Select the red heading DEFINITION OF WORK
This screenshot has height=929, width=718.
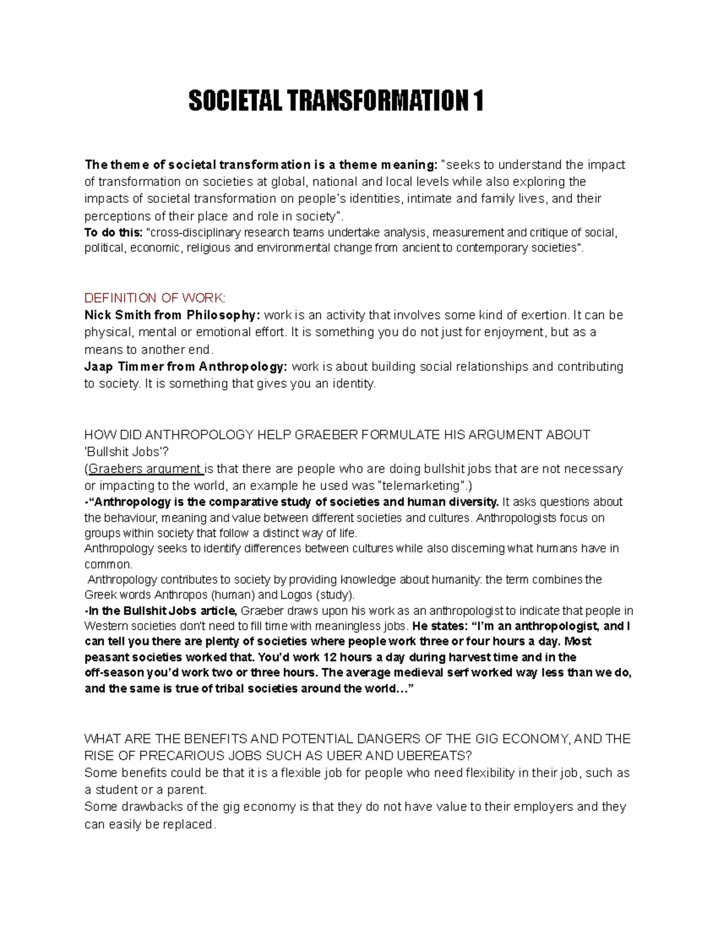[155, 298]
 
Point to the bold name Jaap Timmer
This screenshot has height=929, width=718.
[123, 366]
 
